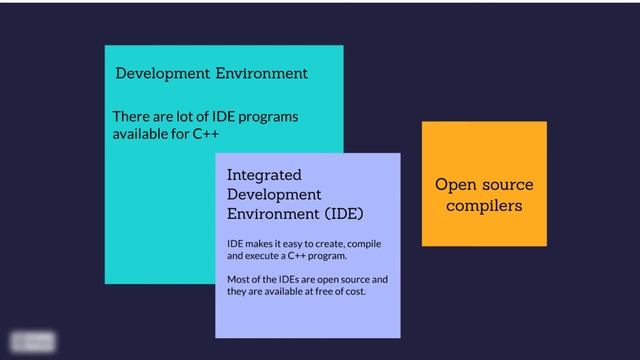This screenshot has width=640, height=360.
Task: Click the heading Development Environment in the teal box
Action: click(x=211, y=73)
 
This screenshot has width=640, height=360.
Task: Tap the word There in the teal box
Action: click(x=131, y=116)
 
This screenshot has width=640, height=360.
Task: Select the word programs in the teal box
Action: click(x=266, y=116)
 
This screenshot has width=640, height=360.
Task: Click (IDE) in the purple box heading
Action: click(x=343, y=214)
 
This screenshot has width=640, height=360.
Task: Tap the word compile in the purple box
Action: click(x=360, y=244)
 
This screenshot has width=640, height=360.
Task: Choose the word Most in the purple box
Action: click(x=239, y=279)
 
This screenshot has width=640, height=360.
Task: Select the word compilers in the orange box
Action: click(x=484, y=206)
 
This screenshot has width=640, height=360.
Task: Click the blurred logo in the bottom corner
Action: click(x=33, y=341)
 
